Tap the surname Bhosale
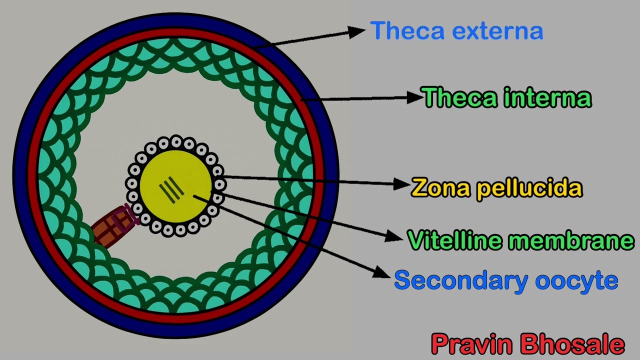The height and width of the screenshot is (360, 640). click(x=572, y=344)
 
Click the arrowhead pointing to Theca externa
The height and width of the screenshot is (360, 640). click(x=357, y=32)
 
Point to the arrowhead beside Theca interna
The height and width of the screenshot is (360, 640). click(x=415, y=97)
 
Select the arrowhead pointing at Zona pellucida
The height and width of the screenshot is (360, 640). click(x=402, y=184)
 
